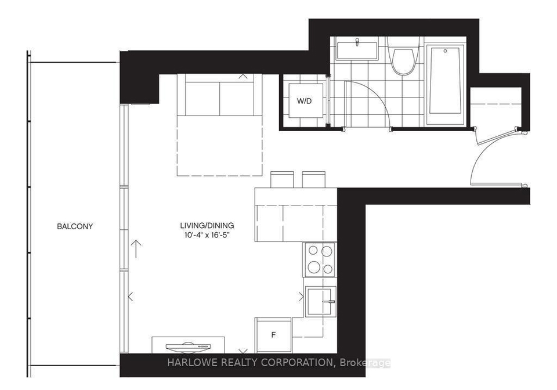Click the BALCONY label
[x=75, y=226]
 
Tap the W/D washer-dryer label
[x=305, y=101]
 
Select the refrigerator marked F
[x=273, y=335]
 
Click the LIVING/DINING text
[x=207, y=225]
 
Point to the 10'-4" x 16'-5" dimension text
[x=208, y=235]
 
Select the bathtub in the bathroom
[x=446, y=84]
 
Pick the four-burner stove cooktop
[x=319, y=259]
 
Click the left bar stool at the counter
[x=282, y=179]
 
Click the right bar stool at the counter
[x=314, y=179]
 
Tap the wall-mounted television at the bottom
[x=188, y=345]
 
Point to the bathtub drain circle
[x=446, y=51]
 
